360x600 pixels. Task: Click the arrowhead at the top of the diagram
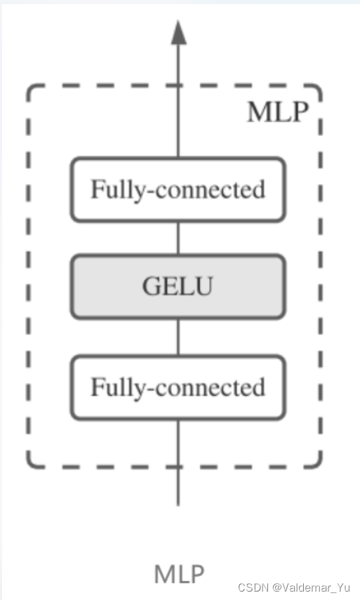point(178,33)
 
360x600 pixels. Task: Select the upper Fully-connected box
point(178,189)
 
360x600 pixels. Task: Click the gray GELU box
point(178,286)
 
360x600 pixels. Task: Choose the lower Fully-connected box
point(178,387)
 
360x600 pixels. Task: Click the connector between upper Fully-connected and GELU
point(178,237)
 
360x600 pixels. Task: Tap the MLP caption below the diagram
point(180,573)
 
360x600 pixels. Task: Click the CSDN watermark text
point(250,587)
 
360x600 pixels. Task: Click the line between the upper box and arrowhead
point(178,105)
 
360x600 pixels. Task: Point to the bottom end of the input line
point(178,502)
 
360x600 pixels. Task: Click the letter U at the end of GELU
point(203,286)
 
